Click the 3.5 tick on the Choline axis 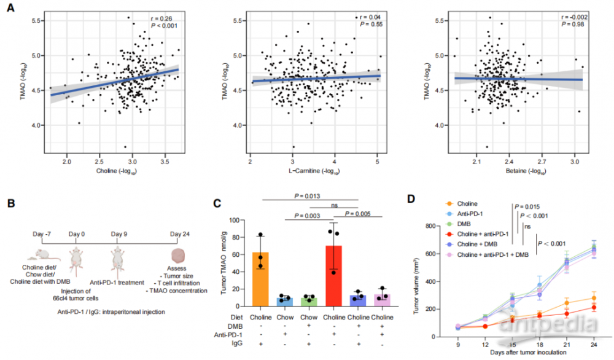(x=165, y=162)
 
